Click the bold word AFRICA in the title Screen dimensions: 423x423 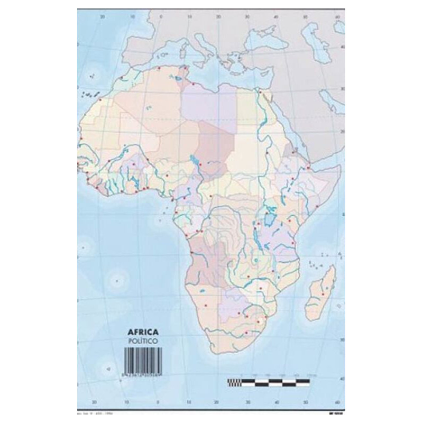click(143, 333)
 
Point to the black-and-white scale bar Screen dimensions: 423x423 click(268, 382)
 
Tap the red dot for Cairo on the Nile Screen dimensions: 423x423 click(260, 94)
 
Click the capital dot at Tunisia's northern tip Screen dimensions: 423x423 click(185, 67)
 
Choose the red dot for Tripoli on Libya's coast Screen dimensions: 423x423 click(194, 84)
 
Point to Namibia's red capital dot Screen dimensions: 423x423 click(206, 306)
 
